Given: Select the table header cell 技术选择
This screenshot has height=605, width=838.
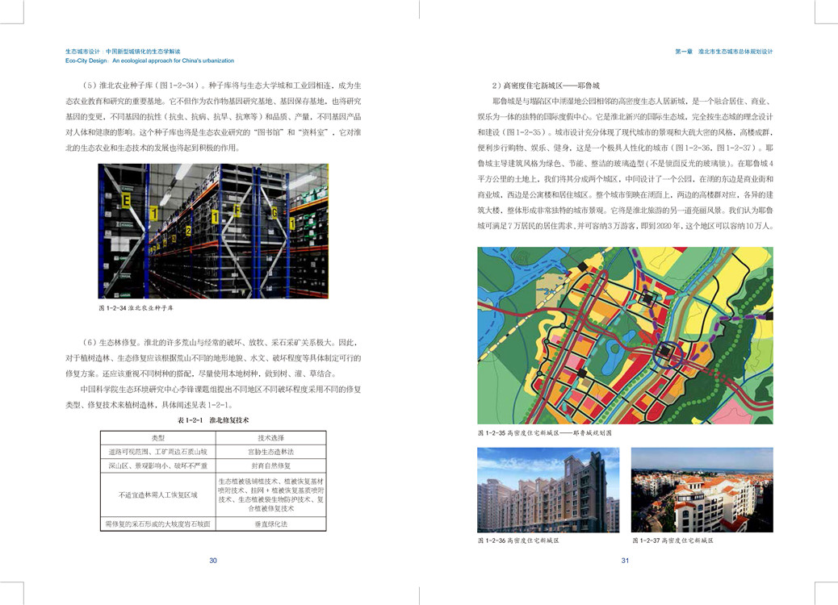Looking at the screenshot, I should click(x=270, y=437).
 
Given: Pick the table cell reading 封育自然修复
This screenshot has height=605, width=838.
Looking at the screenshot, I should click(x=270, y=465).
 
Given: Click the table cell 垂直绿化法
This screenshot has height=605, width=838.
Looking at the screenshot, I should click(x=270, y=524).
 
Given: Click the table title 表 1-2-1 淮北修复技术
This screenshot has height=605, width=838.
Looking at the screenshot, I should click(x=213, y=420).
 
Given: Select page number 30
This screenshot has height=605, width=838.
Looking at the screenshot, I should click(x=213, y=561).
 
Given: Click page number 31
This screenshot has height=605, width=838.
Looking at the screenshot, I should click(x=625, y=561).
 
